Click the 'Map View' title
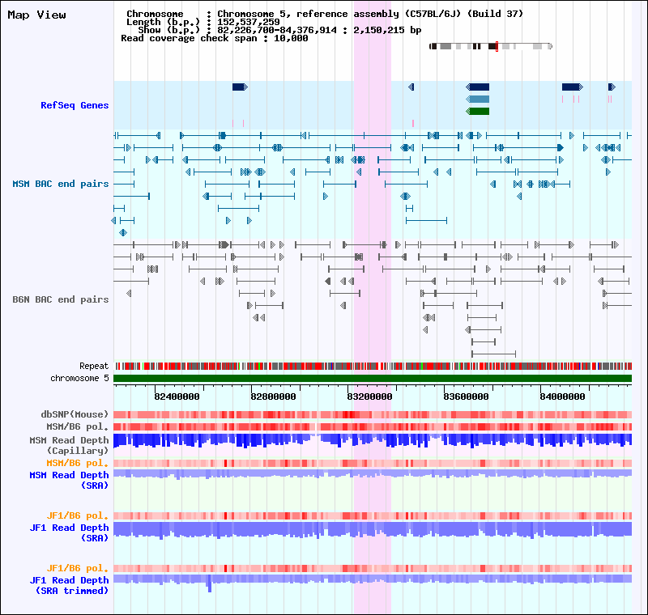click(36, 15)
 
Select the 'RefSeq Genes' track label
click(75, 105)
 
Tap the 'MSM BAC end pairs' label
click(60, 184)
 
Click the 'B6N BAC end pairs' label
click(60, 299)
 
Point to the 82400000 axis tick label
click(177, 397)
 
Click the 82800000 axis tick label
click(273, 397)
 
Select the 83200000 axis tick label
click(369, 397)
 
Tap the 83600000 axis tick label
click(466, 397)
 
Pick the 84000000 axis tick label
click(562, 397)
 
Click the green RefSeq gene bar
click(478, 112)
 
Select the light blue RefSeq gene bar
click(478, 99)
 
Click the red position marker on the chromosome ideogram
click(497, 46)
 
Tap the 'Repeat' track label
click(94, 366)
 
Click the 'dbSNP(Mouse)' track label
click(75, 414)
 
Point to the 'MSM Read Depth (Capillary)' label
click(69, 445)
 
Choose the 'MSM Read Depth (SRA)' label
click(69, 480)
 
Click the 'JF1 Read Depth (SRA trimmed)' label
click(69, 585)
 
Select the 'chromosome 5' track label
click(79, 378)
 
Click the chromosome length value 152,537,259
click(249, 22)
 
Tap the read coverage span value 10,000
click(291, 38)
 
